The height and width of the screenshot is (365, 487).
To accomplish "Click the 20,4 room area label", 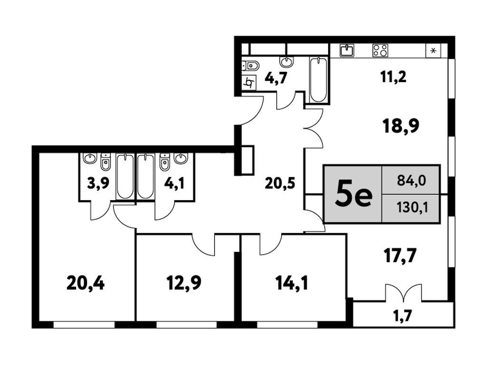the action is point(86,283).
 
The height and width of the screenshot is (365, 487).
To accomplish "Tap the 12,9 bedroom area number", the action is point(184,283).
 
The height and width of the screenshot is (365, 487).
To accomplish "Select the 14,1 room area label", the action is point(292,283).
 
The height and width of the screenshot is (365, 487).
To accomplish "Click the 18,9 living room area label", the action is point(401,126).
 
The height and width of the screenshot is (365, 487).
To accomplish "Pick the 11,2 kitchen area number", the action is point(393,77).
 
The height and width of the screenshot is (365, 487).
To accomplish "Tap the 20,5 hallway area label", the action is point(280,184).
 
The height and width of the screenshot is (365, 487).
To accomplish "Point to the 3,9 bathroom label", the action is point(98,183).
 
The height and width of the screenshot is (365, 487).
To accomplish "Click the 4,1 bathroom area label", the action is point(174,183).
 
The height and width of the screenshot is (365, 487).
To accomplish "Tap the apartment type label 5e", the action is point(353,196).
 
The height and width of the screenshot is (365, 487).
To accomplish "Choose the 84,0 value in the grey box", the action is point(411,180).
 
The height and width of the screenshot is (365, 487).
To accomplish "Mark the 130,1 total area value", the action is point(412,208).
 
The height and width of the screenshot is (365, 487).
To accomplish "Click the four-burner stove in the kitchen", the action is point(380,50).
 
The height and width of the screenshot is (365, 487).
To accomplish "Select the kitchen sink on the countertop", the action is point(347,50).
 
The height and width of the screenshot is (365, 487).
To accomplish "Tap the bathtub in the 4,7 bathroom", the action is point(318,79).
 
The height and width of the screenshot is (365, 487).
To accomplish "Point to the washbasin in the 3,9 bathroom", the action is point(90,158).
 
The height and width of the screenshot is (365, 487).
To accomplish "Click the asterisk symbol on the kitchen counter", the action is point(435,50).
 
